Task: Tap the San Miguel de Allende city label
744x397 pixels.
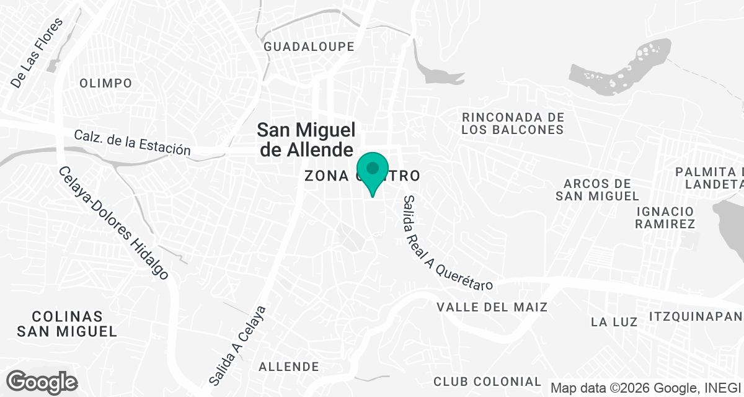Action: pos(306,139)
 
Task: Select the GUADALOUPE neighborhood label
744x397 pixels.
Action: pos(309,47)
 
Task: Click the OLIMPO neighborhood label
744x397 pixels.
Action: pos(106,83)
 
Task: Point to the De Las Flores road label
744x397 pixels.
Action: pos(37,53)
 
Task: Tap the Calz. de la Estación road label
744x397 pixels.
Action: pos(131,142)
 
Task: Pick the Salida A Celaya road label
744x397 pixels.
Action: pos(236,344)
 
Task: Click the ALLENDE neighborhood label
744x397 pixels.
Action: pos(289,367)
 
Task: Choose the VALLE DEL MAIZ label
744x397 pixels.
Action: pos(492,307)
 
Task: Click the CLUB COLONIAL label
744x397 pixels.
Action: pos(487,381)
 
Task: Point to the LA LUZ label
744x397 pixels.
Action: pos(614,322)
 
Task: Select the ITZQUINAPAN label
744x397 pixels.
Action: pos(696,317)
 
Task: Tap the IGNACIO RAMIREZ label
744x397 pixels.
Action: pos(665,218)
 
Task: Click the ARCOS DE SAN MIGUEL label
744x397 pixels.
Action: pos(597,190)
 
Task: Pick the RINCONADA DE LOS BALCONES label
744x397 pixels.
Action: pos(513,123)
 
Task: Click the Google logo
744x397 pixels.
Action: pos(42,381)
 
